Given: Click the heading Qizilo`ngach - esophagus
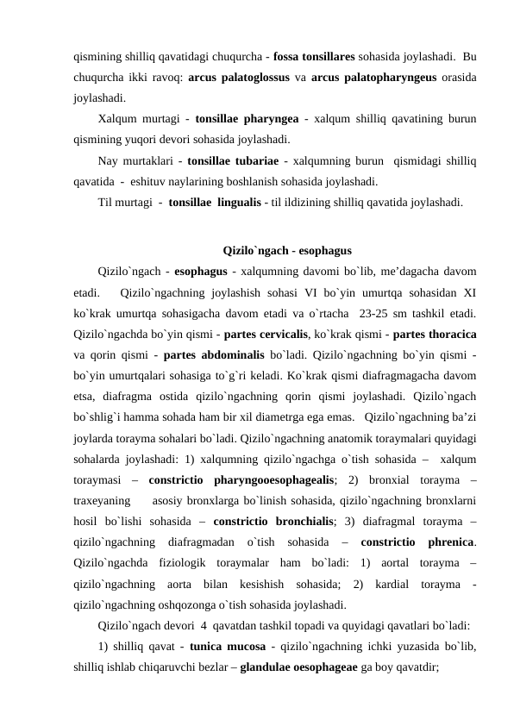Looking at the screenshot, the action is click(x=276, y=254).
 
